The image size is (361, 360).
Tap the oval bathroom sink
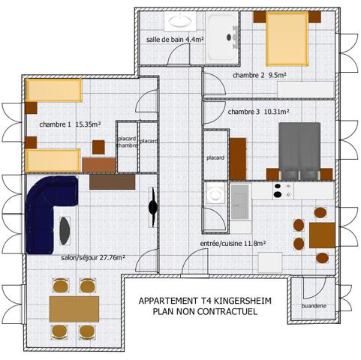pos(180,22)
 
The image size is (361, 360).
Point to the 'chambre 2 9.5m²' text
pos(260,75)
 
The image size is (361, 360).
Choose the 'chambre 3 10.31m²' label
pos(258,111)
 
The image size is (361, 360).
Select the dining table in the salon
pos(74,308)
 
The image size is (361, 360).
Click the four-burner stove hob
pos(283,190)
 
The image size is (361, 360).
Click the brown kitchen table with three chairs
pos(320,234)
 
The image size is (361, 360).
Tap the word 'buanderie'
pos(313,306)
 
